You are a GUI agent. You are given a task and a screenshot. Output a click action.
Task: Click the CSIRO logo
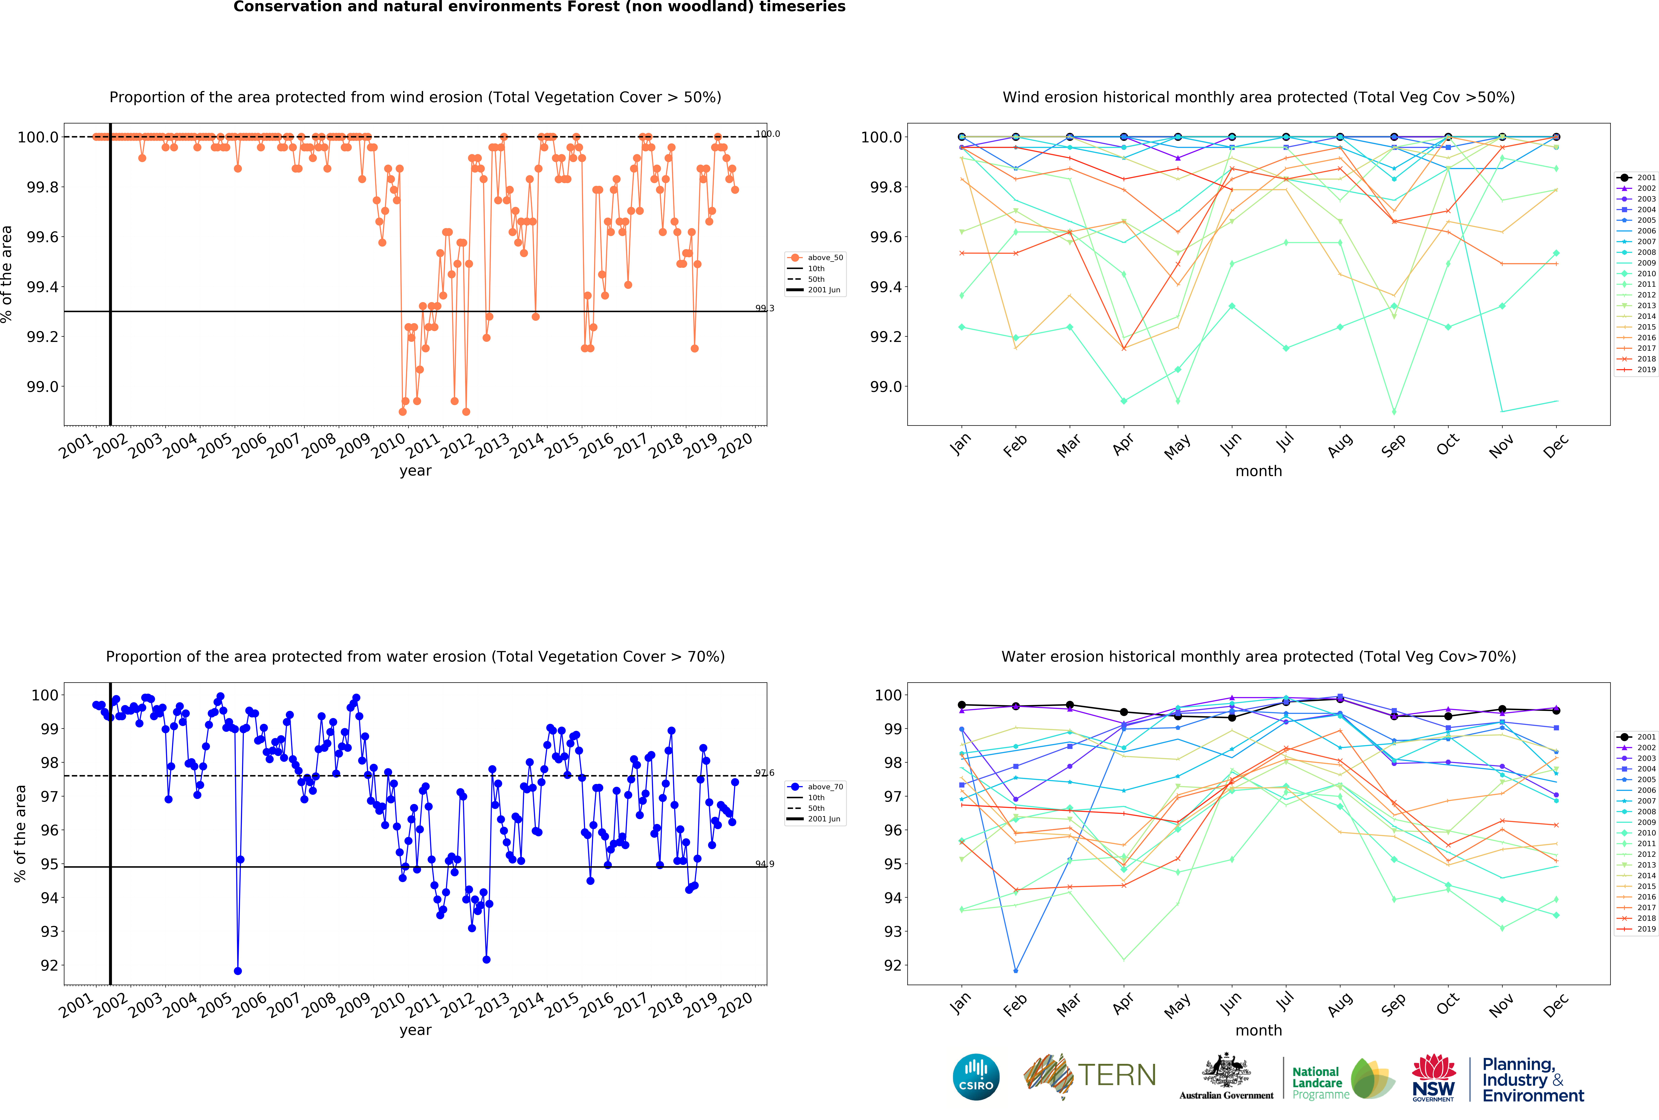point(976,1077)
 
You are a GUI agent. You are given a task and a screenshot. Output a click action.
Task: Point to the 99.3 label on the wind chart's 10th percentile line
point(764,308)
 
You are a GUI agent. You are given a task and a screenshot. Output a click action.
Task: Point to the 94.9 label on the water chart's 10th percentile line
point(764,864)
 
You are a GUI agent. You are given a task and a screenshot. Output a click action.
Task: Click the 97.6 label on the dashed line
point(764,773)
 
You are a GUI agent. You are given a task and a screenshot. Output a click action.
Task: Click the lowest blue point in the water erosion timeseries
point(238,971)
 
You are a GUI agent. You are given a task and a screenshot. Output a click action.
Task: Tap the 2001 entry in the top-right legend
point(1645,178)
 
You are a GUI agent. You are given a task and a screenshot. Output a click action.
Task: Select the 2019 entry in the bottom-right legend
point(1645,929)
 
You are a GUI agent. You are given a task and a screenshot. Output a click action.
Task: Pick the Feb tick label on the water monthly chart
point(1014,1004)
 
